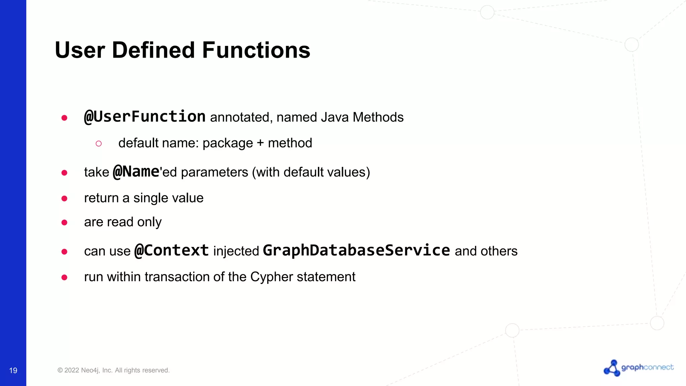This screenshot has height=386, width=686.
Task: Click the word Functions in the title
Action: pos(256,50)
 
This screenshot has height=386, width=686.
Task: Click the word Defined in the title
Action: pos(153,50)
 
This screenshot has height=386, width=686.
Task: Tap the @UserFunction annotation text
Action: pos(145,117)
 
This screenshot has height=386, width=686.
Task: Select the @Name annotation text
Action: pos(136,172)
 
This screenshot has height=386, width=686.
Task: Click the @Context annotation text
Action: pos(171,251)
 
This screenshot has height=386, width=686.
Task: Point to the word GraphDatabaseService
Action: pos(356,251)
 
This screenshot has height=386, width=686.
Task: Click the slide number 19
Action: pos(13,370)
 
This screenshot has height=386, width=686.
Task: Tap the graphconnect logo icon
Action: pos(612,368)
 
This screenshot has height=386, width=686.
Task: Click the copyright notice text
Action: pos(114,370)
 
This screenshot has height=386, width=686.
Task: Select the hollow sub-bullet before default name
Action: pos(98,144)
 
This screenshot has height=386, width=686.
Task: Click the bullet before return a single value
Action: pos(64,199)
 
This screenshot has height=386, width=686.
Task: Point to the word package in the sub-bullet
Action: pos(228,143)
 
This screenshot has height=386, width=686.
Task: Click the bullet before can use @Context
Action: pos(64,252)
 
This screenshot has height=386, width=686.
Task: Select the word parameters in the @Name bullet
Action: pos(214,172)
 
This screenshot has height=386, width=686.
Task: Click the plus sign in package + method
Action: pos(260,143)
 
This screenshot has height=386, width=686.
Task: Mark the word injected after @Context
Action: pos(236,251)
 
